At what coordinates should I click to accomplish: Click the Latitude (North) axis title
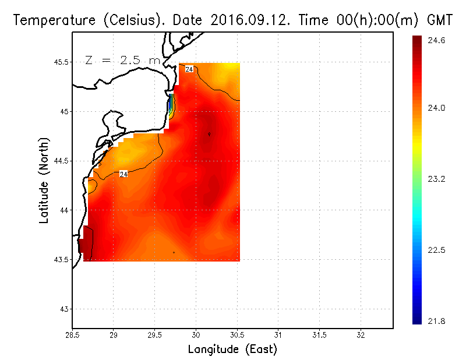click(x=44, y=180)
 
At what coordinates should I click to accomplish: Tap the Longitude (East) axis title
click(x=232, y=350)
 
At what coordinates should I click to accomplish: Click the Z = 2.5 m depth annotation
click(x=122, y=60)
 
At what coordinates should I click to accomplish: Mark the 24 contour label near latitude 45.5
click(x=189, y=69)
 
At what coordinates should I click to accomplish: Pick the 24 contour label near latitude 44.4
click(x=123, y=174)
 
